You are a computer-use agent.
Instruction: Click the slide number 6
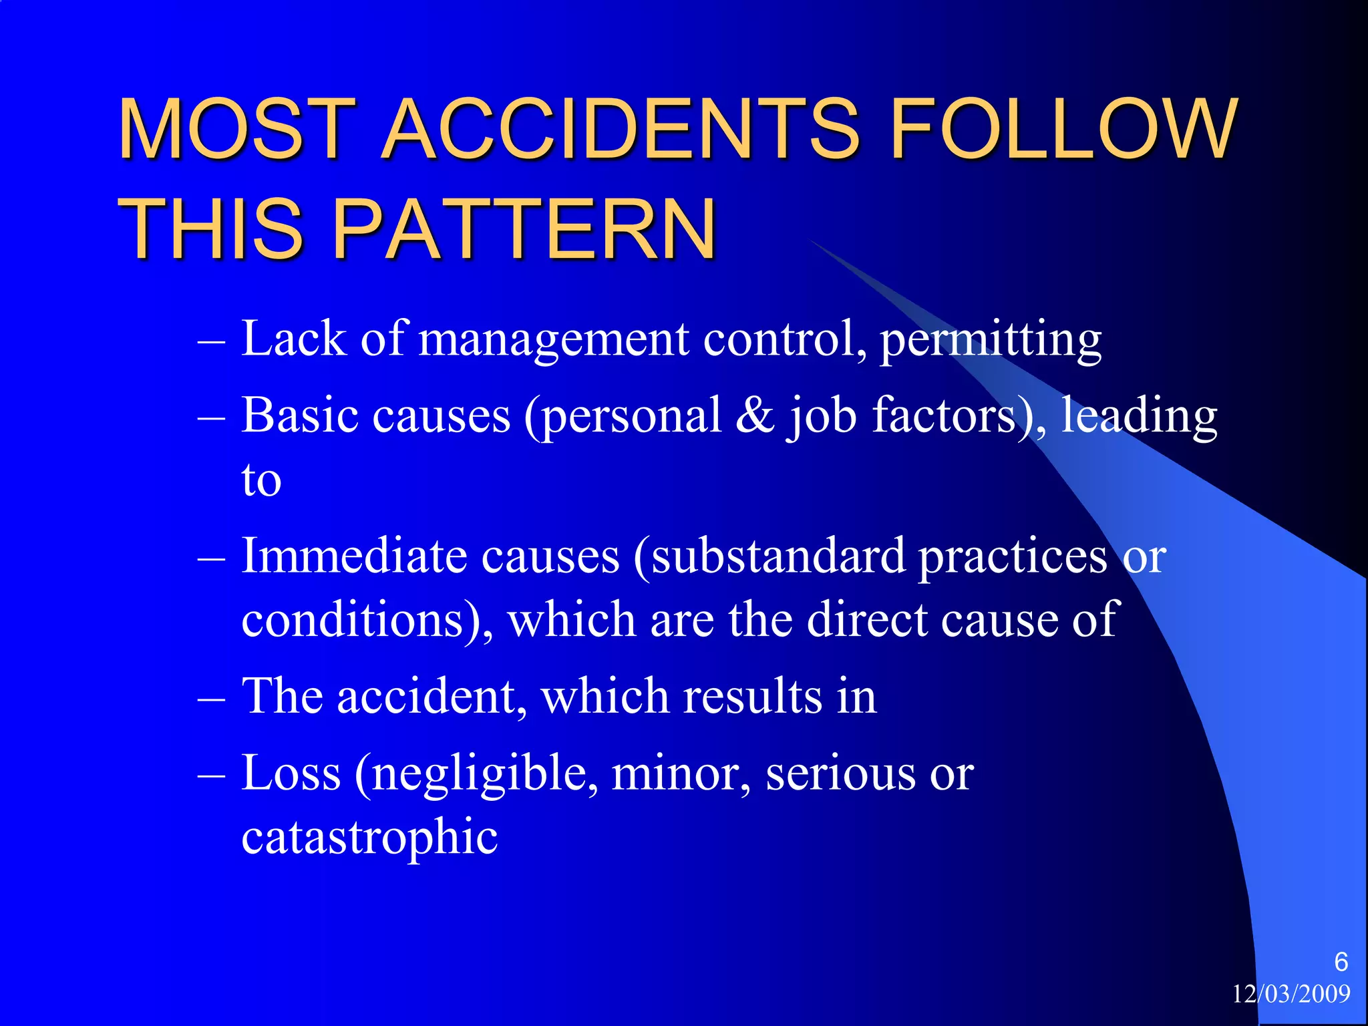click(1341, 962)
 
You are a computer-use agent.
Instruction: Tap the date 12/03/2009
click(1291, 995)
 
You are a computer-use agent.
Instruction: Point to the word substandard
click(778, 556)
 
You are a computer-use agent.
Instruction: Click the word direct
click(866, 620)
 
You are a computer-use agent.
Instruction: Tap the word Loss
click(291, 773)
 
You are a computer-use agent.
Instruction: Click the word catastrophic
click(369, 838)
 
